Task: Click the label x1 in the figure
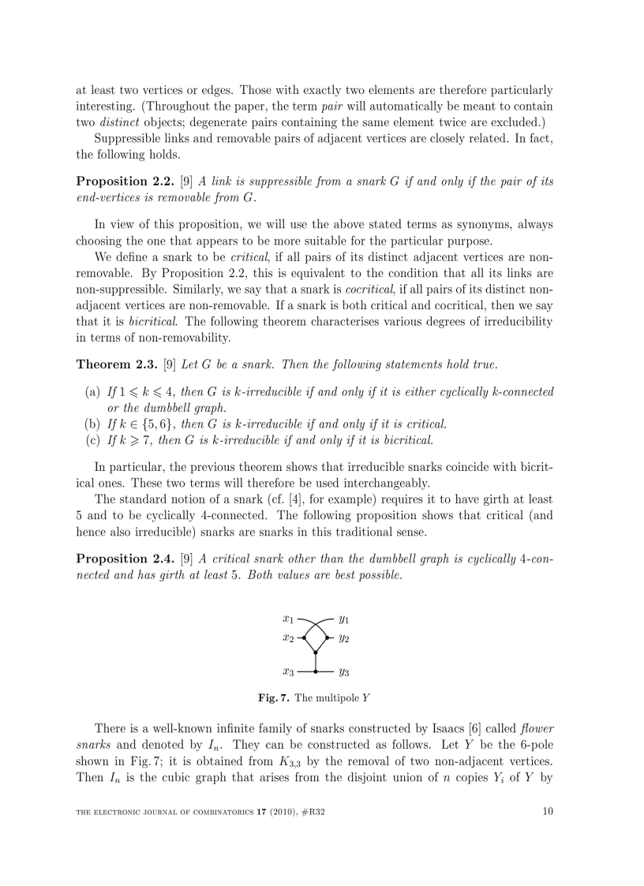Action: pos(288,619)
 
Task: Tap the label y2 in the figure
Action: pos(344,637)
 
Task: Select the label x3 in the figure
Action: pos(288,672)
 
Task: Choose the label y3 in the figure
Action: pos(344,672)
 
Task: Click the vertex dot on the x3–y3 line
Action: pos(316,671)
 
